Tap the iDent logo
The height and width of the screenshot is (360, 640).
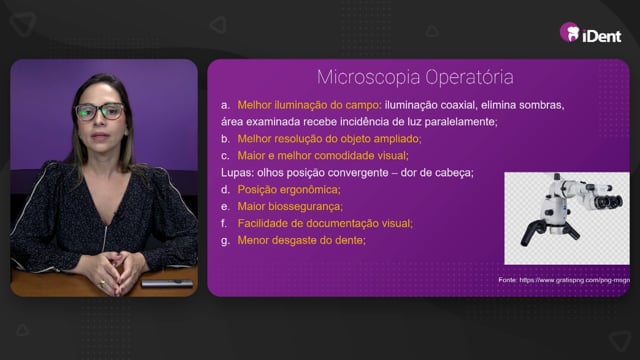(590, 33)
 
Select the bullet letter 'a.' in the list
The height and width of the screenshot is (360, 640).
(225, 105)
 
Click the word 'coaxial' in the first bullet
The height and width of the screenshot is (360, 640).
(455, 105)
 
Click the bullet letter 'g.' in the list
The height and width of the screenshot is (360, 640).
(225, 241)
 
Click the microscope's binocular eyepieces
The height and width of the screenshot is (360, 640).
(607, 200)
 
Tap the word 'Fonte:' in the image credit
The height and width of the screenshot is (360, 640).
(507, 280)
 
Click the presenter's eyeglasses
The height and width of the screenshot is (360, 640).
(100, 111)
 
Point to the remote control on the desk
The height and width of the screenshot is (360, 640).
(167, 283)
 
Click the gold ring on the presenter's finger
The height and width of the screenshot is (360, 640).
(102, 282)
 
